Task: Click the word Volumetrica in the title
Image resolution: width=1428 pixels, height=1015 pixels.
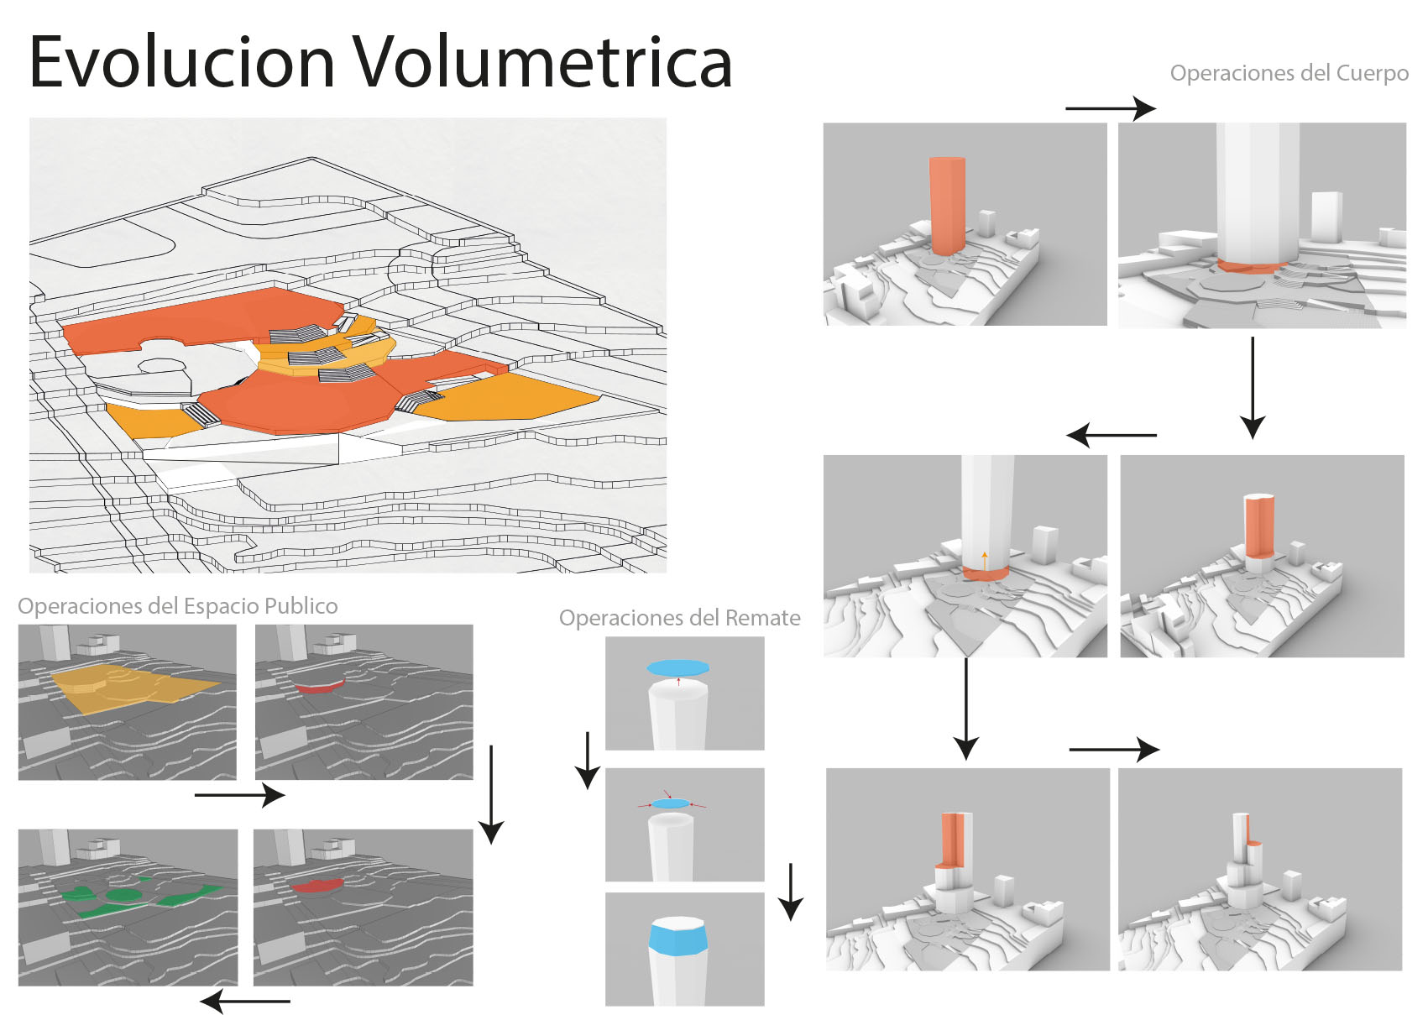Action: coord(541,62)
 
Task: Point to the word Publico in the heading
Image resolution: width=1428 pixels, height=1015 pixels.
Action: coord(301,606)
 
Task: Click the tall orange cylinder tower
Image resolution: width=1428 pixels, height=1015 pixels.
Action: coord(947,205)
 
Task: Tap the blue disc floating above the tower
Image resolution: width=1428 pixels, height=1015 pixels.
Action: coord(677,668)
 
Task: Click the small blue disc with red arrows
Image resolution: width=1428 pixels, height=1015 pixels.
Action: coord(670,803)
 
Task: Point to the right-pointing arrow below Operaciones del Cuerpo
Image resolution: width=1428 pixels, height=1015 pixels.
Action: coord(1110,108)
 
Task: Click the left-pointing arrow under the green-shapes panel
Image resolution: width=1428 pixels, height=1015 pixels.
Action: coord(245,1001)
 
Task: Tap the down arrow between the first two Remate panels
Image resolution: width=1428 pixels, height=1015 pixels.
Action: coord(587,760)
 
